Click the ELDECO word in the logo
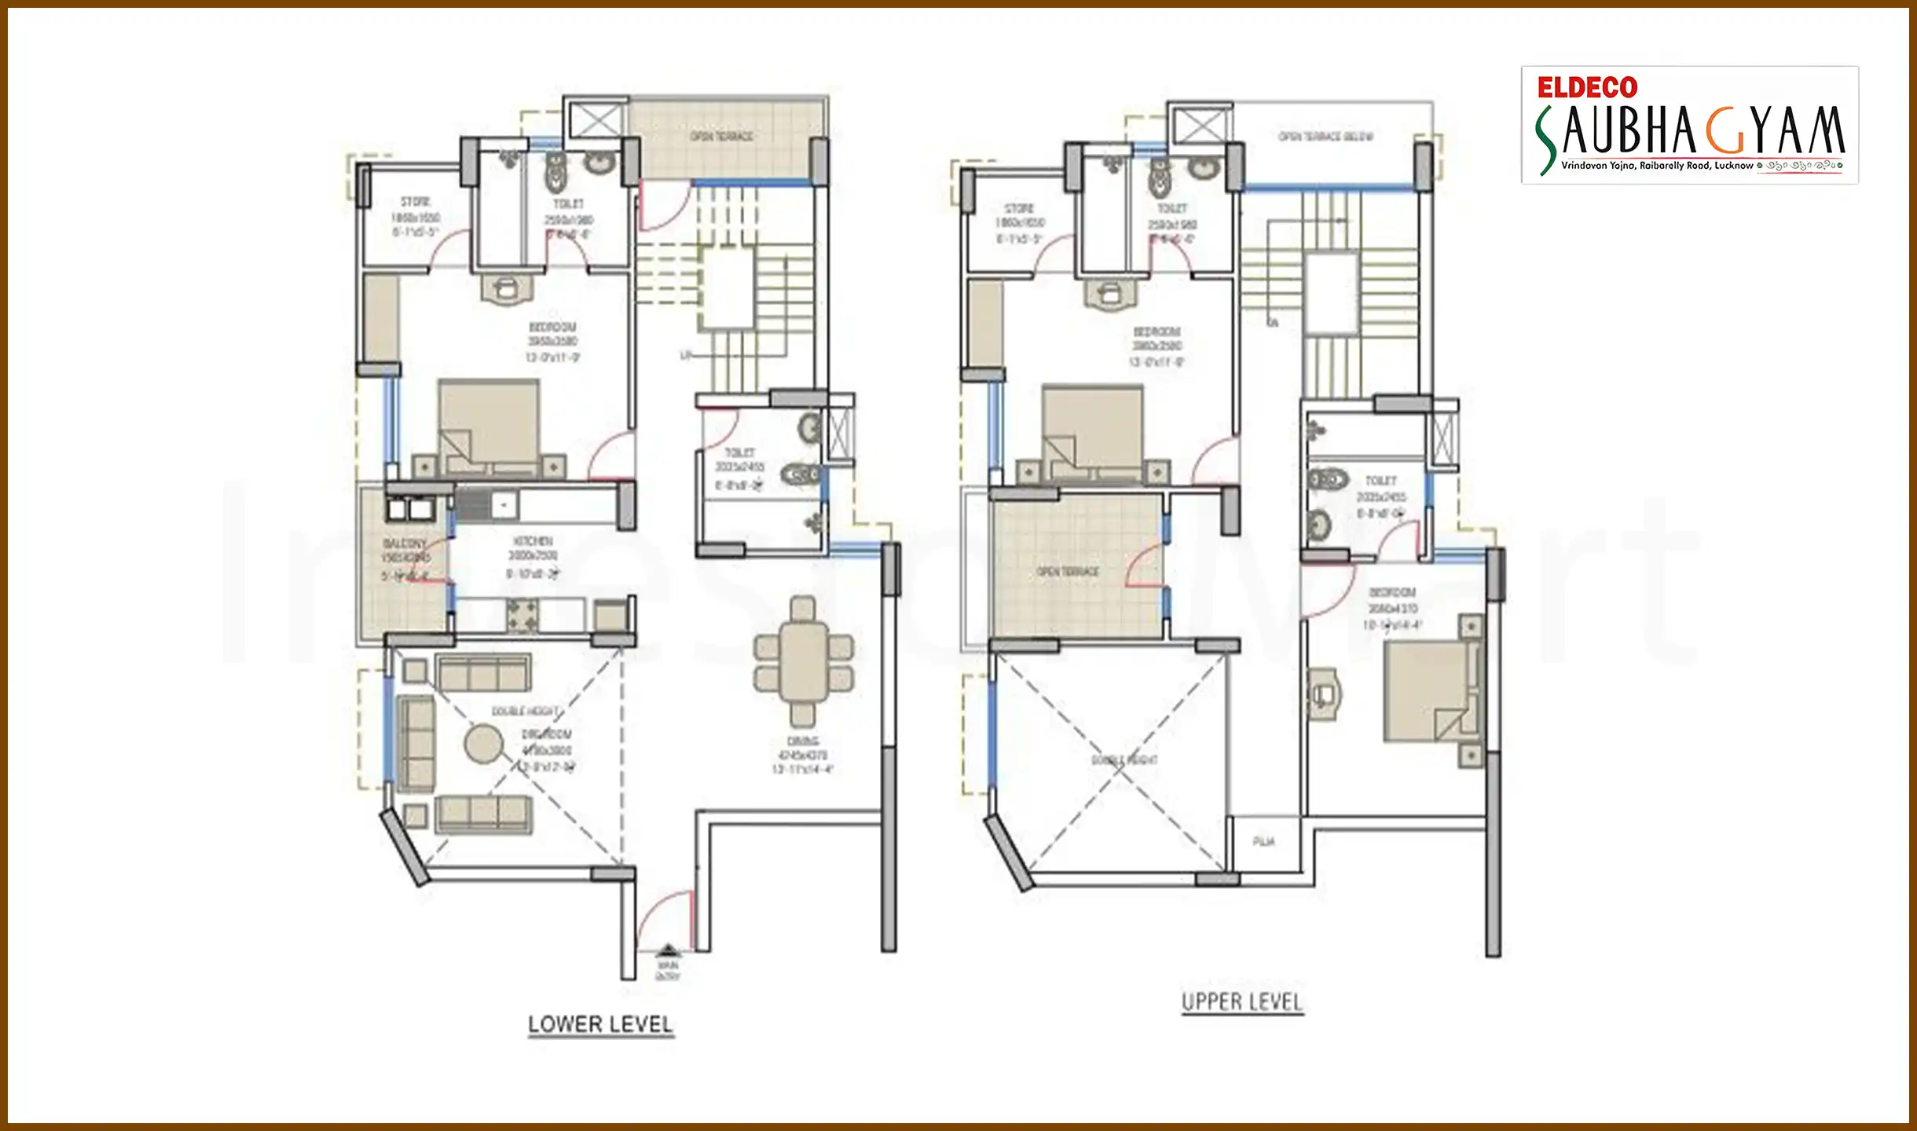point(1587,87)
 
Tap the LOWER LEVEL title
point(600,1024)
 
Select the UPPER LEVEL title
point(1242,1002)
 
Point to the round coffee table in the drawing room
point(483,743)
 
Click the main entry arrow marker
point(667,951)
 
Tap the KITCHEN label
point(533,541)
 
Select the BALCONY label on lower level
point(405,544)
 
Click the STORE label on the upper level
point(1018,209)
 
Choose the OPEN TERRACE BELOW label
point(1325,137)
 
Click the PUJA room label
point(1263,841)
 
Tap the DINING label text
point(802,741)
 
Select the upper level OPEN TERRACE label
point(1067,572)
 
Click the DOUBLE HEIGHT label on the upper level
point(1124,760)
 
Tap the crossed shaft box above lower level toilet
point(595,122)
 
